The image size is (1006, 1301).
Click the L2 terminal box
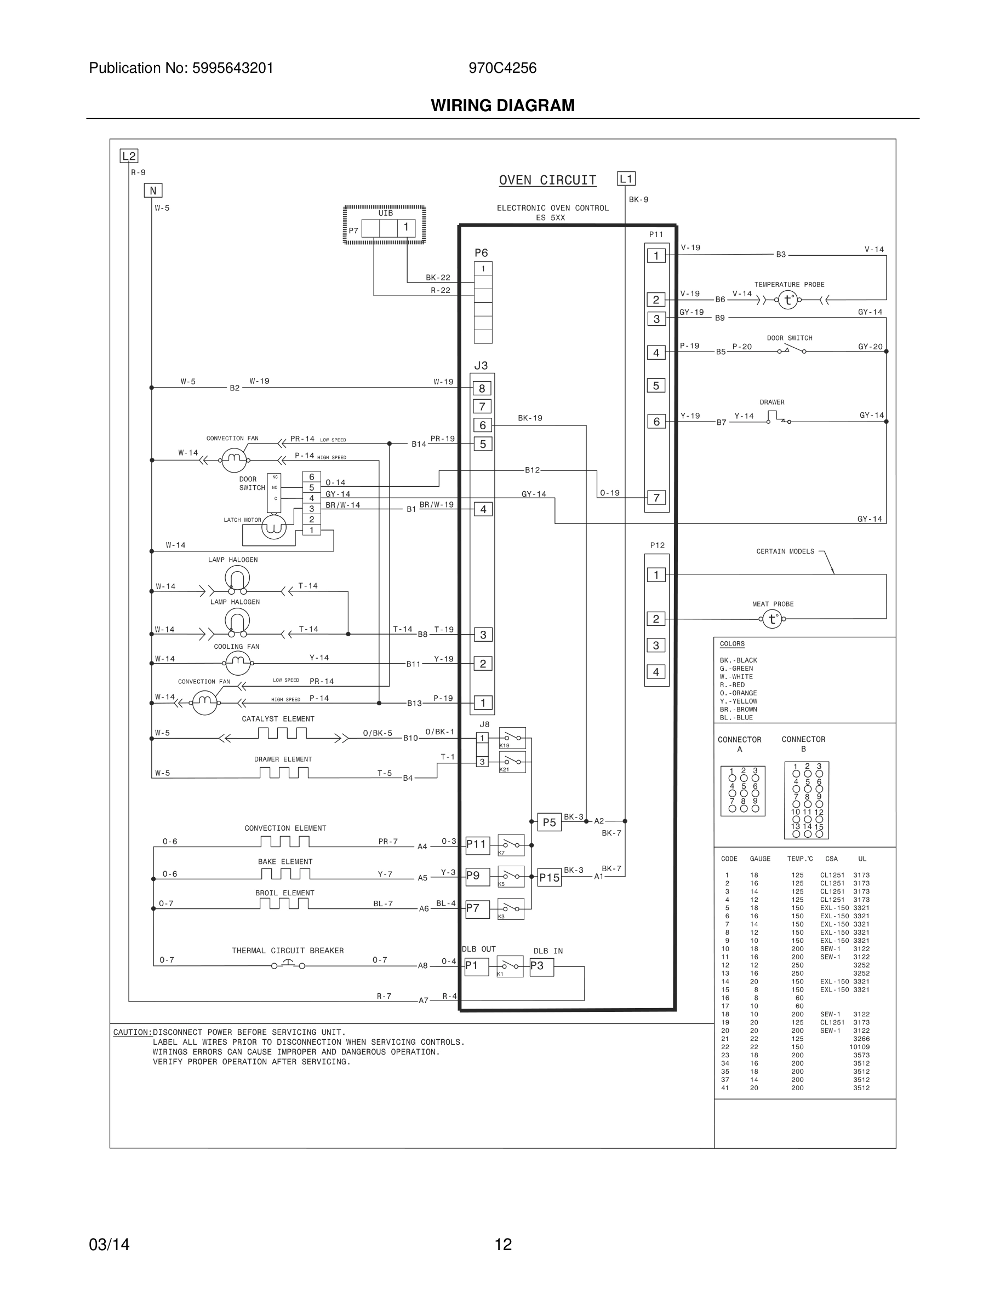[x=129, y=156]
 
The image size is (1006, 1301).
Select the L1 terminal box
[x=626, y=179]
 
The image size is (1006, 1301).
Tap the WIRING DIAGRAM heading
[x=502, y=106]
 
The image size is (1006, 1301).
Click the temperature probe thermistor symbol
[x=788, y=300]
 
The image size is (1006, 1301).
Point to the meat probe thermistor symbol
[x=773, y=619]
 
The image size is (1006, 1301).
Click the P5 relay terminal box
[x=549, y=822]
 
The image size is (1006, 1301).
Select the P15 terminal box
[x=549, y=877]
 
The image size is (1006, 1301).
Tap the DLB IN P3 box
[x=541, y=966]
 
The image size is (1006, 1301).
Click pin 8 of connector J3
[x=482, y=388]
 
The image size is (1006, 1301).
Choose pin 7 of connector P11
[x=656, y=497]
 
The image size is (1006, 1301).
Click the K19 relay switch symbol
[x=512, y=738]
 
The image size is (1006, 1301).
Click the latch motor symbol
[x=274, y=527]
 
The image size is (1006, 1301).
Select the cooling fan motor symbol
[x=238, y=662]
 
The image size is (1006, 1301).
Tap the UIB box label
[x=386, y=213]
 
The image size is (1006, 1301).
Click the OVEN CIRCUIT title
[x=547, y=180]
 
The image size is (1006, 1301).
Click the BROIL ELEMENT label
[x=284, y=893]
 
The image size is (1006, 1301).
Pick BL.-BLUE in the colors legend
[x=736, y=718]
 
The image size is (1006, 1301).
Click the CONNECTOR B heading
[x=803, y=744]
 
